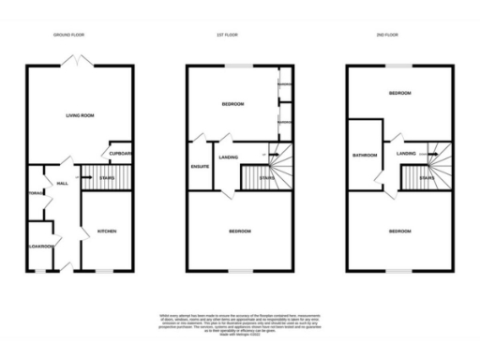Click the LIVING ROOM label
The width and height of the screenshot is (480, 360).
(80, 116)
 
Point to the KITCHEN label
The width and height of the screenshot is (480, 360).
(104, 231)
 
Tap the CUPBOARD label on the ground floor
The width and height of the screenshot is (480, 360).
(120, 153)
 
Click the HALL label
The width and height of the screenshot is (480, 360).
(63, 184)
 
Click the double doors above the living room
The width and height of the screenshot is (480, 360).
(78, 59)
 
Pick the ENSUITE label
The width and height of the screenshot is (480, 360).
(199, 168)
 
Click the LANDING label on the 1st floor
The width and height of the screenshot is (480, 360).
(229, 157)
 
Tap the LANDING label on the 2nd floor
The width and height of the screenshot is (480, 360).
(406, 153)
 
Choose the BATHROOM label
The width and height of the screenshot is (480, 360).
(364, 156)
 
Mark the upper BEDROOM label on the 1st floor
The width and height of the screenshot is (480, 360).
(232, 104)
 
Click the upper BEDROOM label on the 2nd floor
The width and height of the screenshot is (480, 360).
(399, 95)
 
